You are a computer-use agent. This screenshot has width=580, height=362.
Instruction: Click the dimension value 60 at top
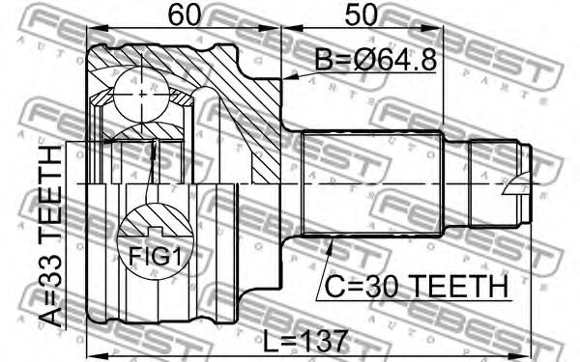pyautogui.click(x=184, y=14)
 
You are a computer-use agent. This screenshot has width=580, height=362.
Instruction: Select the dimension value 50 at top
pyautogui.click(x=361, y=14)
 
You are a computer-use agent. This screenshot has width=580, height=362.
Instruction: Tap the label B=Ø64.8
pyautogui.click(x=376, y=60)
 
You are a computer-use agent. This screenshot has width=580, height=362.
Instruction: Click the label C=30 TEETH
pyautogui.click(x=417, y=287)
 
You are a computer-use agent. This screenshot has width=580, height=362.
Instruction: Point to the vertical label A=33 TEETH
pyautogui.click(x=50, y=237)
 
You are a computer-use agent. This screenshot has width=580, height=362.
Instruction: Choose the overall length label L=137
pyautogui.click(x=305, y=341)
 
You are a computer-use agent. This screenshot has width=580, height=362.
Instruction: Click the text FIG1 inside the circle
pyautogui.click(x=156, y=257)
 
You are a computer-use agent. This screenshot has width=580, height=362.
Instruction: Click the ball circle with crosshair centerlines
pyautogui.click(x=142, y=95)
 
